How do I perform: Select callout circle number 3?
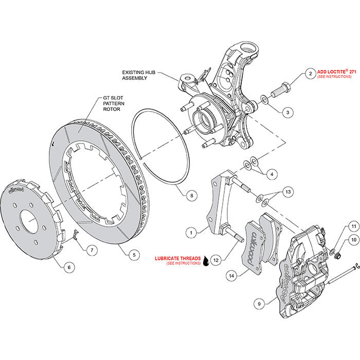pos(287,111)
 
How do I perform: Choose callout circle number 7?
pos(92,250)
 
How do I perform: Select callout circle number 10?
pos(354,240)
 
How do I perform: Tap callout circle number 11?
pos(354,226)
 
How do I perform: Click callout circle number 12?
pos(216,260)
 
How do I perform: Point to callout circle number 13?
pos(288,191)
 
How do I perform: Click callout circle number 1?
pos(191,232)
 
